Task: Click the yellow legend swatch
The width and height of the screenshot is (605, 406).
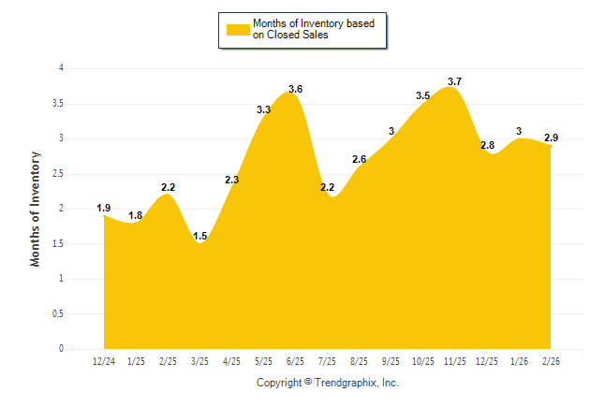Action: pos(237,29)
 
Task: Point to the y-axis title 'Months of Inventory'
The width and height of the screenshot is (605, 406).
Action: pos(36,209)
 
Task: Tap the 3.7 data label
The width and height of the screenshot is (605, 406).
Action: pos(455,82)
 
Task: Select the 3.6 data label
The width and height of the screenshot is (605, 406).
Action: pos(296,90)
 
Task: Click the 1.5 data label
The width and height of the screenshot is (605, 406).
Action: pos(199,237)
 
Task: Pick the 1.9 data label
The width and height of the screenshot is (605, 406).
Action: pos(104,208)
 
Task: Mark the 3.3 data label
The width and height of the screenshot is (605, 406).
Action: pos(263,110)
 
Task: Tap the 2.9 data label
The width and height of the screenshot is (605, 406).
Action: pos(551,138)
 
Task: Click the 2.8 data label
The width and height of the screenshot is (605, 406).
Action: pos(487,146)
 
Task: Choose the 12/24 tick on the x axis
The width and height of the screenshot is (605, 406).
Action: pos(104,361)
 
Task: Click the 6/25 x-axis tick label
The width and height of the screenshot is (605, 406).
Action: pos(295,361)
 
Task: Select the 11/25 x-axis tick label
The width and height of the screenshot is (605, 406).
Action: pos(455,361)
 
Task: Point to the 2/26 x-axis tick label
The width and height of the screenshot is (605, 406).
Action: pos(551,361)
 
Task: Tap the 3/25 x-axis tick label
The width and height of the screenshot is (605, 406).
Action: pos(199,361)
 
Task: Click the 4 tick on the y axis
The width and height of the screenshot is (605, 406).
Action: pos(61,68)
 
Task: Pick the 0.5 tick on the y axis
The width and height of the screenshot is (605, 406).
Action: pos(58,314)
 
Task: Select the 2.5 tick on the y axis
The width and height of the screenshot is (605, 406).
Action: pos(58,174)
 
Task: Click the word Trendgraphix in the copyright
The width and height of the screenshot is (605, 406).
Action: pos(347,383)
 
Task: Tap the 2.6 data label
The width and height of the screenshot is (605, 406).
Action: pos(359,160)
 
